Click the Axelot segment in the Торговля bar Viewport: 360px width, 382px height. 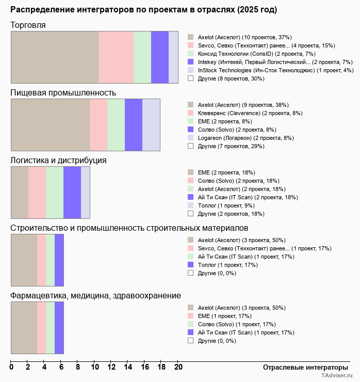55,57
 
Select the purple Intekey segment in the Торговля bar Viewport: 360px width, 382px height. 160,57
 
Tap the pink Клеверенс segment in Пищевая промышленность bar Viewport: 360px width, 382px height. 99,124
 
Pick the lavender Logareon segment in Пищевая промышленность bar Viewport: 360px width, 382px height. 151,124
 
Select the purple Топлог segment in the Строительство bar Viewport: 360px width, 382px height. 59,260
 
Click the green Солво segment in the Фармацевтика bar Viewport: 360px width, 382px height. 50,327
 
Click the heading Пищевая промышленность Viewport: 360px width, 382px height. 63,93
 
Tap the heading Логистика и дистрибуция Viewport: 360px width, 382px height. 59,160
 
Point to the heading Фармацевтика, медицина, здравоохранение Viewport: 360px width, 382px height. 96,295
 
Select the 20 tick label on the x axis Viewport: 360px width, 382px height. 178,367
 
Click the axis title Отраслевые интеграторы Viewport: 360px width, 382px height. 305,367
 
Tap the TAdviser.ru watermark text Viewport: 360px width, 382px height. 337,376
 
